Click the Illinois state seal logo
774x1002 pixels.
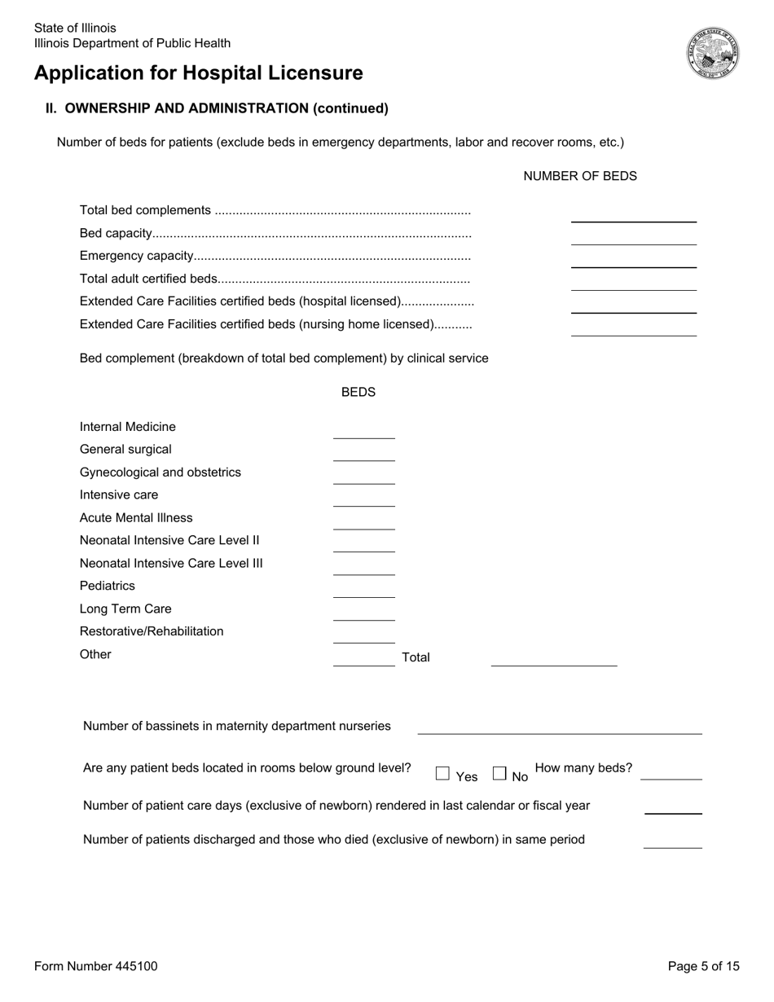pos(712,52)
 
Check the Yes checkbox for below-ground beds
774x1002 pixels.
pos(442,773)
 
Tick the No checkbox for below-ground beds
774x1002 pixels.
pos(499,773)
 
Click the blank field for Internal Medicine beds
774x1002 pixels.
pos(363,431)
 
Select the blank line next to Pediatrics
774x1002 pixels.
pos(363,590)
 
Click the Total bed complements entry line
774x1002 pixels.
pos(633,214)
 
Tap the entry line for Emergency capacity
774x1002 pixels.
pos(633,260)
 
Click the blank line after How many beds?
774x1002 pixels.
pos(671,772)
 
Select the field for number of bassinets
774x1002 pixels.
pos(559,727)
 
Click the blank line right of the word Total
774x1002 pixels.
pos(553,659)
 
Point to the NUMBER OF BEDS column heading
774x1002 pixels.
pos(579,176)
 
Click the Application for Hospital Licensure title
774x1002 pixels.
pos(199,73)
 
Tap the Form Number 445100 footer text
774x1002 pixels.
pos(96,966)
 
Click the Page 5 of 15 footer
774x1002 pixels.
pos(703,966)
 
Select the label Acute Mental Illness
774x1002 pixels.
pos(136,518)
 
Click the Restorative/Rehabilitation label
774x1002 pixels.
pos(152,631)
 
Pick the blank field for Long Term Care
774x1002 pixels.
pos(363,613)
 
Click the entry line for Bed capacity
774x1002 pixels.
pos(633,237)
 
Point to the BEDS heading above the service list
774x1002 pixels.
pos(358,393)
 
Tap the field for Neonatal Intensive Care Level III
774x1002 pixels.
pos(363,567)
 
